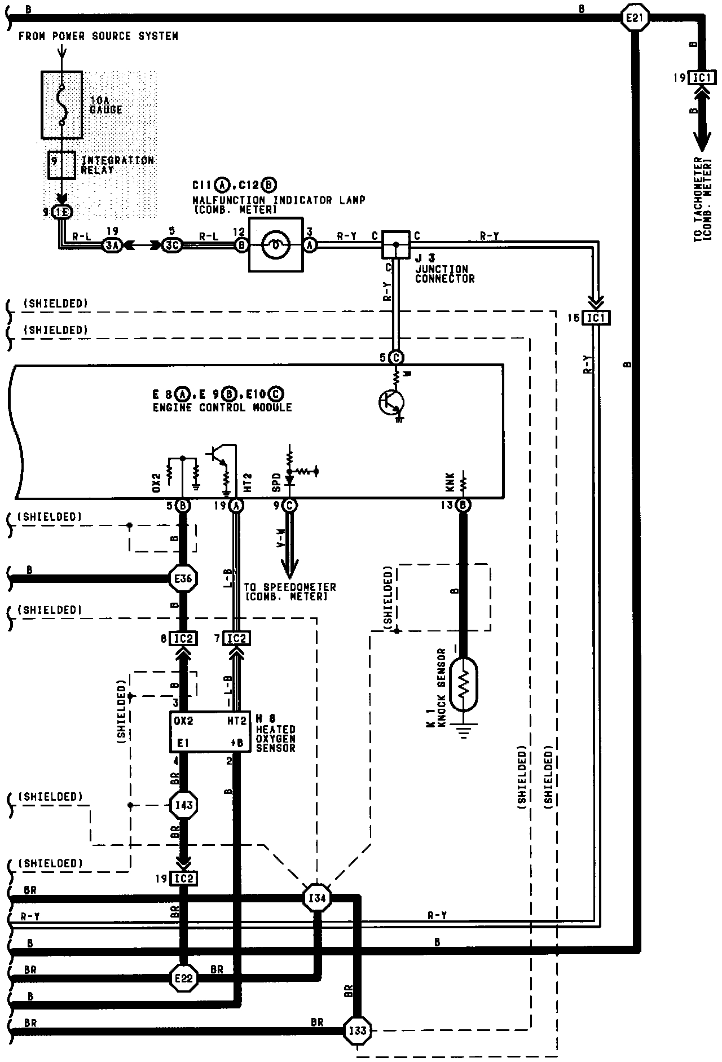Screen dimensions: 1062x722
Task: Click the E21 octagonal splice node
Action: [635, 18]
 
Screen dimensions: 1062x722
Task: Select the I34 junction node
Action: [318, 898]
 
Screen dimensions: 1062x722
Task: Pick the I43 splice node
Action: [184, 805]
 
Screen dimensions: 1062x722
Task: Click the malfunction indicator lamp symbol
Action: [276, 244]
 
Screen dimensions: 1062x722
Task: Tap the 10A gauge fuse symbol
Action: [62, 105]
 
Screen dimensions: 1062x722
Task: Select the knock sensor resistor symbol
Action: [464, 683]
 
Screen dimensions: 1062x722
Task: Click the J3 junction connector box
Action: [397, 244]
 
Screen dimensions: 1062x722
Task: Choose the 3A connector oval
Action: [112, 244]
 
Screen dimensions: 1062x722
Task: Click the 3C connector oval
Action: [171, 244]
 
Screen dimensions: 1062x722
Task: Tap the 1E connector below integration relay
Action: [62, 212]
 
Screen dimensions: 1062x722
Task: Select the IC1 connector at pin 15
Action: [596, 318]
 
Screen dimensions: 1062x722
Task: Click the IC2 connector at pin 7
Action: [237, 638]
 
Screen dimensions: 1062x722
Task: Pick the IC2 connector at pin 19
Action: [184, 878]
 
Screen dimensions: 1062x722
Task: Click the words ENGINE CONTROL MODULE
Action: [222, 407]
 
